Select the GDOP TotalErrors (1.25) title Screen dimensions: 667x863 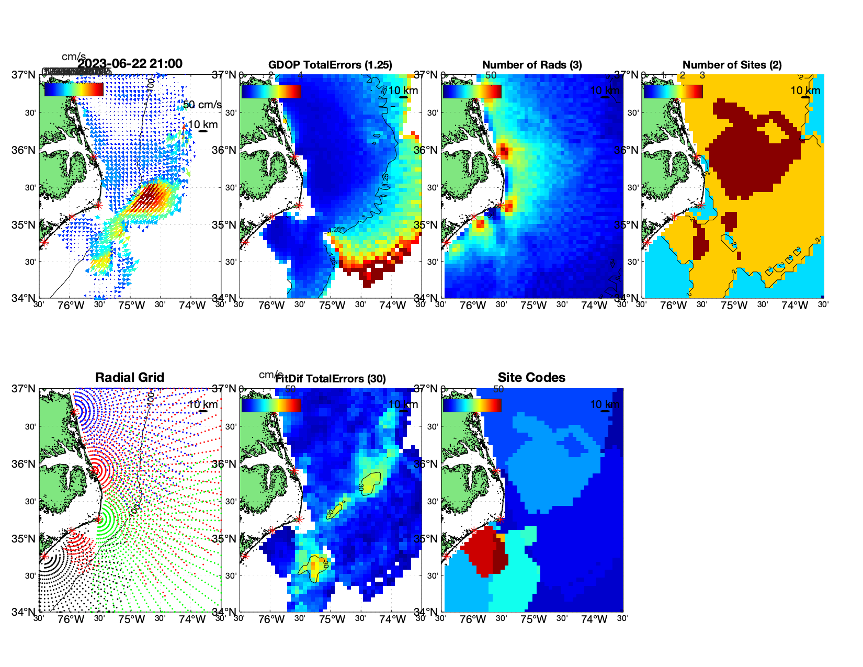click(330, 65)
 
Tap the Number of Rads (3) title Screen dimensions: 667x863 click(532, 65)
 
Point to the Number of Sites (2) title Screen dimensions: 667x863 click(732, 65)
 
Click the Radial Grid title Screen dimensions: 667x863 click(130, 378)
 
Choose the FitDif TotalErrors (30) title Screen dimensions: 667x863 click(330, 379)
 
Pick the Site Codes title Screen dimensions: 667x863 click(531, 378)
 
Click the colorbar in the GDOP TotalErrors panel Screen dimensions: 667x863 click(271, 91)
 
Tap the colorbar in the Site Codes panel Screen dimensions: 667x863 click(472, 405)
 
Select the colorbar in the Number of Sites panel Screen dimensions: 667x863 click(673, 91)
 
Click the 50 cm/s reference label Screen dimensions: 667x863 click(202, 105)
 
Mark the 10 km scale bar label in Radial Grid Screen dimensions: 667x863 click(203, 404)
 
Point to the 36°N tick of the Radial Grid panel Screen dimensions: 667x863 click(24, 464)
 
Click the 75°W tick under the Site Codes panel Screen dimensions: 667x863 click(533, 619)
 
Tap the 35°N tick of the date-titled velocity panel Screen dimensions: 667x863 click(24, 225)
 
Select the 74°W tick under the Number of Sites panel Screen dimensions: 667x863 click(794, 306)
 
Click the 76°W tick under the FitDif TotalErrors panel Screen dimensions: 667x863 click(271, 619)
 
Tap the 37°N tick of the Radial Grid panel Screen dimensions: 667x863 click(24, 389)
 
